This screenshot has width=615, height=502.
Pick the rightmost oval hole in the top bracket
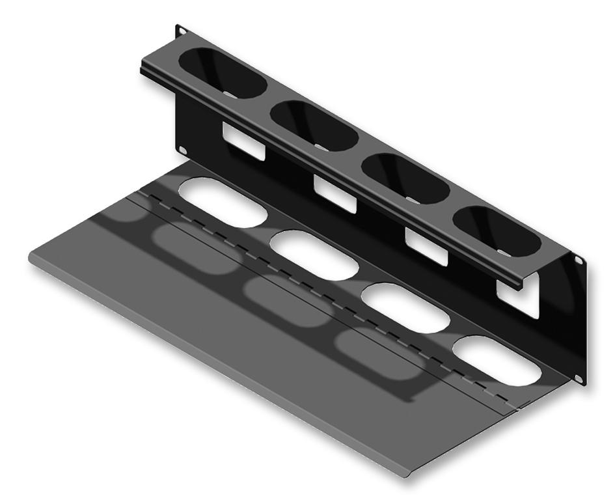point(497,230)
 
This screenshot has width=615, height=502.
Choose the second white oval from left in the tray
point(314,256)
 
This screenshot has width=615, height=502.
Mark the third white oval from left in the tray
point(407,308)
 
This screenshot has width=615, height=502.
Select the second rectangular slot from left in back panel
point(335,194)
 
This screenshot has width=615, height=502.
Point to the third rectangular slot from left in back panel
point(426,246)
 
